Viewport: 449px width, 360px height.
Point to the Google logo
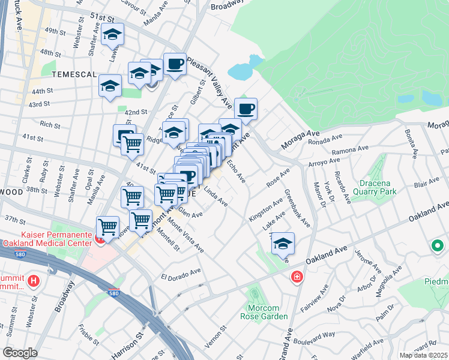(20, 353)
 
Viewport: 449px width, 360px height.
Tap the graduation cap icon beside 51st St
(112, 35)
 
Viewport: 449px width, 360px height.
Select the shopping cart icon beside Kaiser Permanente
(107, 227)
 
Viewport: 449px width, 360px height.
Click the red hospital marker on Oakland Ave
(297, 277)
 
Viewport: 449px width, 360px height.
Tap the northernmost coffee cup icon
(175, 64)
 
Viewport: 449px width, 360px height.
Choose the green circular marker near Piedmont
(437, 245)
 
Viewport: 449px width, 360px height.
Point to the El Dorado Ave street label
(181, 275)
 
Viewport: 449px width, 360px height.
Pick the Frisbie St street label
(88, 337)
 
